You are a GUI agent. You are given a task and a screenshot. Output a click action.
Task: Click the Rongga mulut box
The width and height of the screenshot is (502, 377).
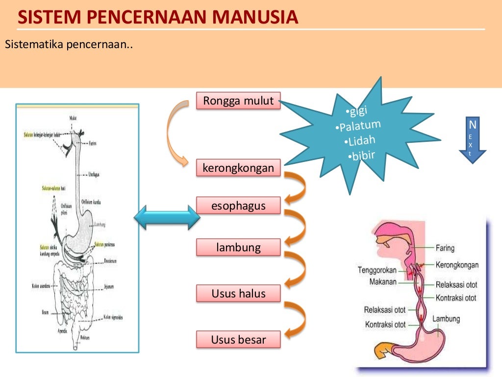click(238, 101)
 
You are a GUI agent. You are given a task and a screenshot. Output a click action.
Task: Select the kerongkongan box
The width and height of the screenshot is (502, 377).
click(238, 168)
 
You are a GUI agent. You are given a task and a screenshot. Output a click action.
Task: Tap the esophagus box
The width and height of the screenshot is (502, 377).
click(238, 206)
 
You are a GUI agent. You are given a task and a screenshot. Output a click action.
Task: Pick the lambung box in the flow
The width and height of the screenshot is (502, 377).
click(238, 247)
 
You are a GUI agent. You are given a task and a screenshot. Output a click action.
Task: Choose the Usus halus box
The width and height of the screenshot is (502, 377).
click(238, 294)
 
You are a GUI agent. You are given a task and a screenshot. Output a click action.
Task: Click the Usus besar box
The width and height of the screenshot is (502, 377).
click(238, 339)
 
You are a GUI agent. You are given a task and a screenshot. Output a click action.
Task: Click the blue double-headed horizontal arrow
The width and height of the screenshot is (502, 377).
click(167, 217)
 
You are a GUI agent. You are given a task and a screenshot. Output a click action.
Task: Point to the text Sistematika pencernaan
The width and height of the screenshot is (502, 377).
click(69, 45)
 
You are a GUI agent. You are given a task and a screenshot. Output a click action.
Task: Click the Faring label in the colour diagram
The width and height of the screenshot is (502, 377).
click(445, 248)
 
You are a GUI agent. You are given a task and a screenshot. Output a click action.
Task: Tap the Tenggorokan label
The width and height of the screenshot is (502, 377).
click(377, 269)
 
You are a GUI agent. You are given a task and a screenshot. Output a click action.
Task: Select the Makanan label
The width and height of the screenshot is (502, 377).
click(383, 282)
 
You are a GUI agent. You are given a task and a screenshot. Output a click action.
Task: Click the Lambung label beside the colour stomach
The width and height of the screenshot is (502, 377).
click(446, 319)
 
